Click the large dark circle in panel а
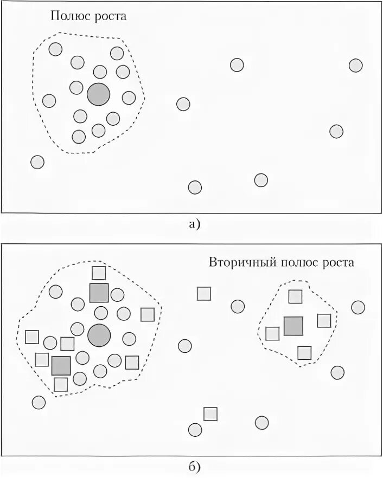pos(98,94)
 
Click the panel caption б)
pos(195,466)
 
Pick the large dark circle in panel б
pos(99,335)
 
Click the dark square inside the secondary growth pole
pos(293,326)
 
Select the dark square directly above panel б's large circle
pos(99,293)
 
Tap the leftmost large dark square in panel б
pos(61,365)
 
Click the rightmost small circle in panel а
pos(355,66)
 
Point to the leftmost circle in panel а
pos(37,162)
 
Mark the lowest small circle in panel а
pos(195,187)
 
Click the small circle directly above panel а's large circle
pos(100,72)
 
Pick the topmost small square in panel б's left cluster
pos(99,273)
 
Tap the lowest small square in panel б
pos(210,414)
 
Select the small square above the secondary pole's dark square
pos(295,296)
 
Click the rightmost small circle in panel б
pos(358,307)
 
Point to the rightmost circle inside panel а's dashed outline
pos(129,98)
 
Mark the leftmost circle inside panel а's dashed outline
pos(49,100)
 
